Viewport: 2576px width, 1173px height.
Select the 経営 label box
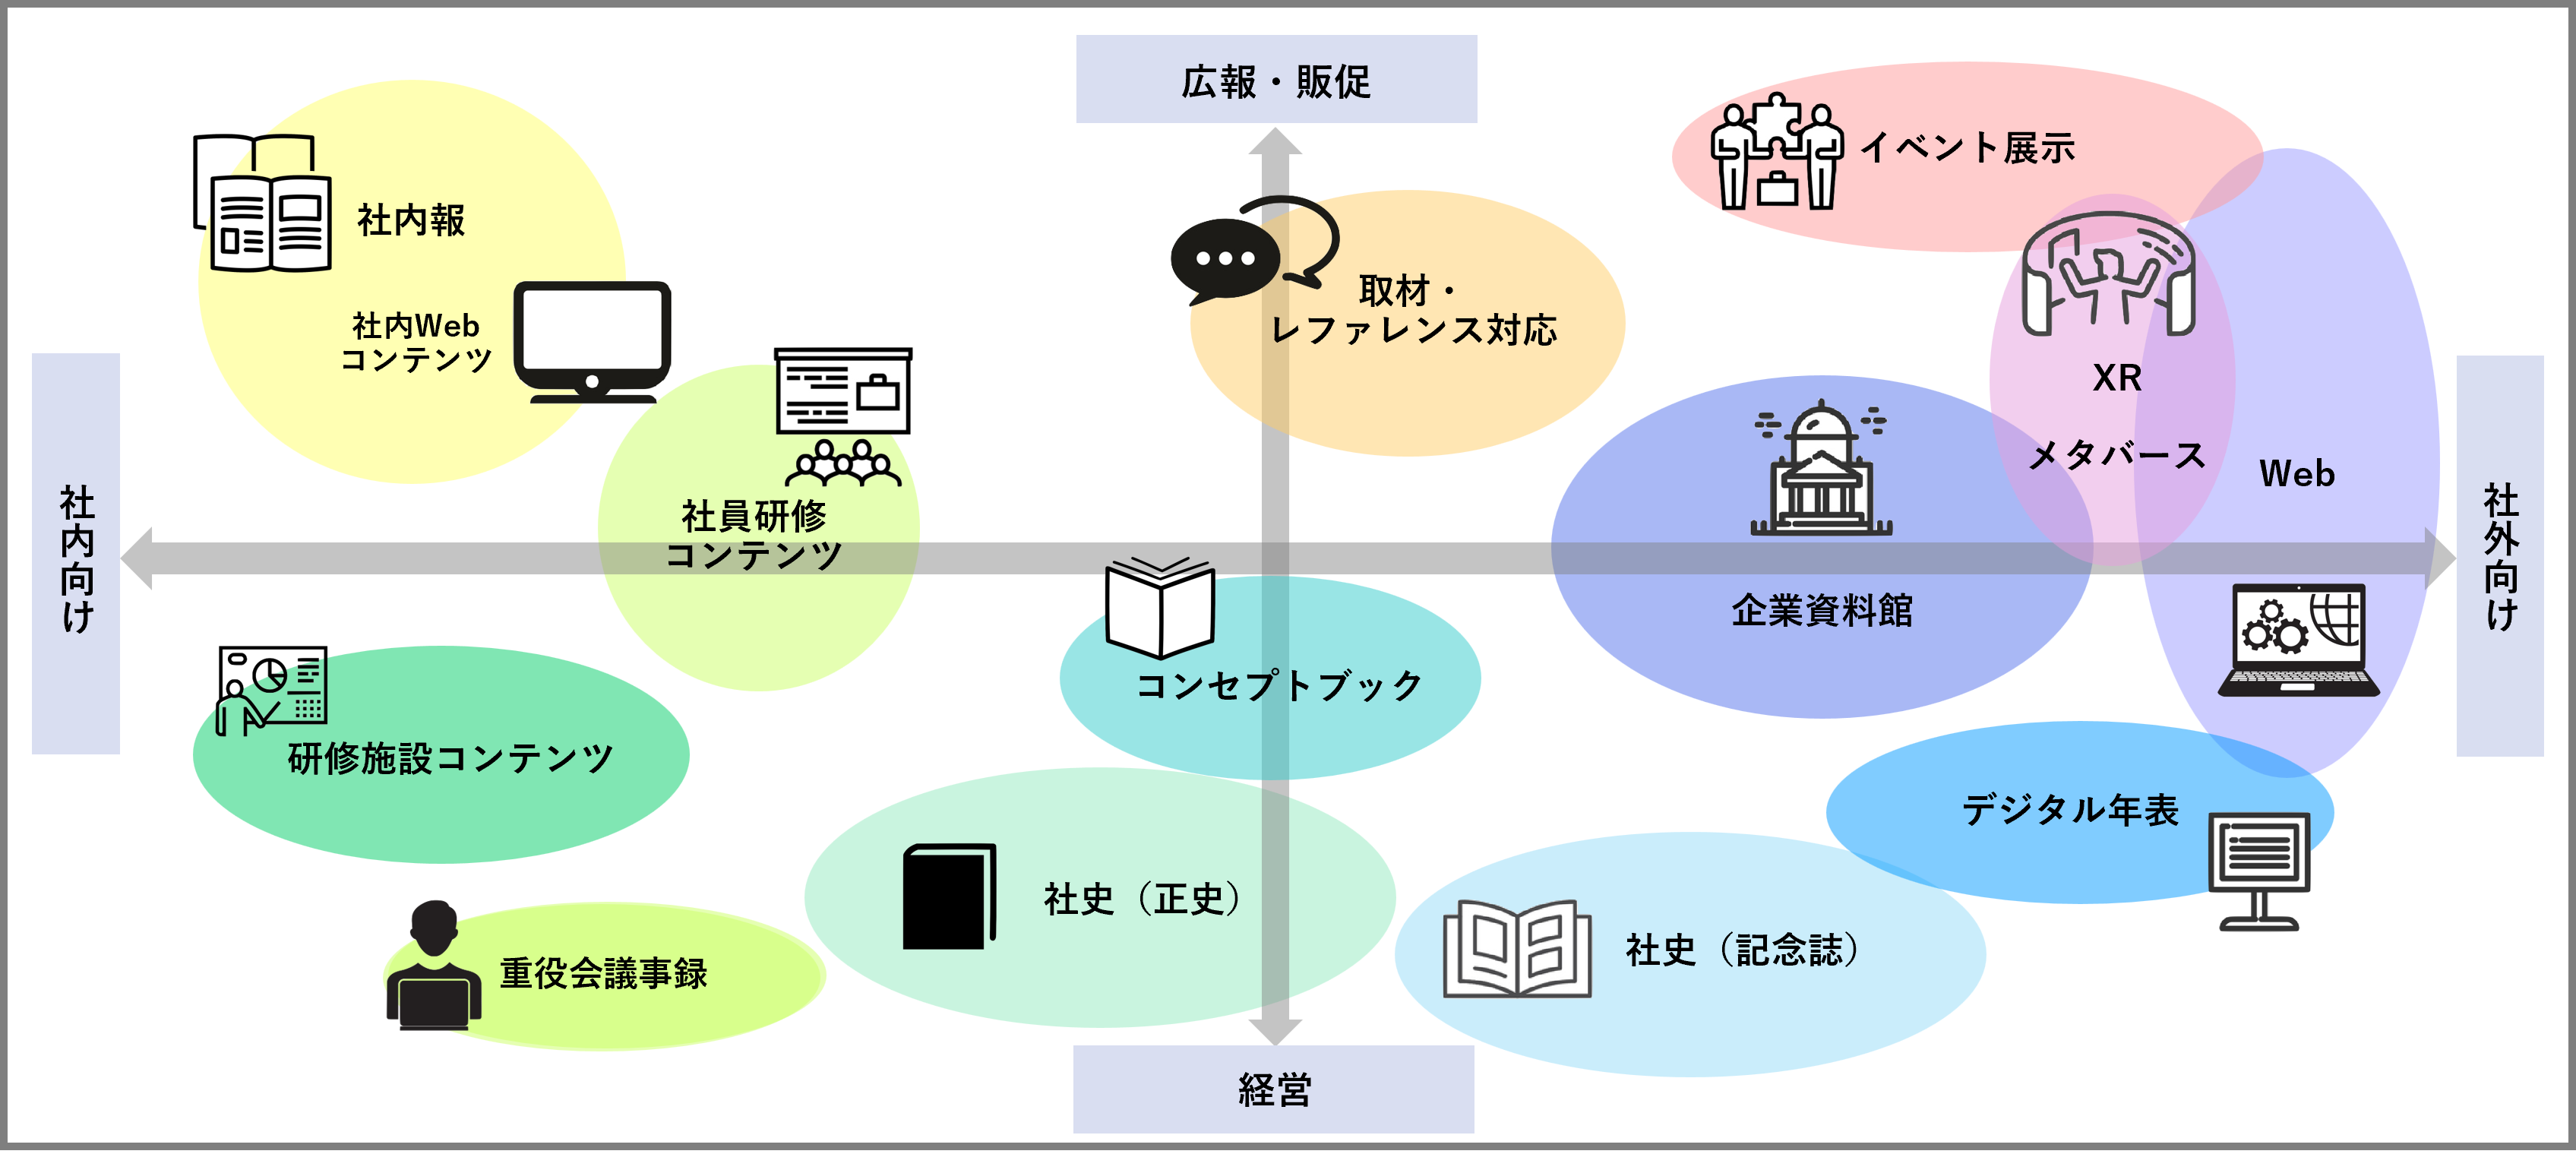[1273, 1089]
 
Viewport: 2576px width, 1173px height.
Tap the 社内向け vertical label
[76, 555]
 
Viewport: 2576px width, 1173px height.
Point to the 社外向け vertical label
[2500, 555]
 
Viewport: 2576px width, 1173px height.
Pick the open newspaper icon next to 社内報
[263, 204]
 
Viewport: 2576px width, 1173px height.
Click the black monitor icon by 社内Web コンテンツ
[592, 341]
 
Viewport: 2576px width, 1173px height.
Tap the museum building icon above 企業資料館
[1821, 470]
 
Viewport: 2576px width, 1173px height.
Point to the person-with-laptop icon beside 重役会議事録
[433, 967]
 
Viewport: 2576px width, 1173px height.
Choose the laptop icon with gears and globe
[2298, 640]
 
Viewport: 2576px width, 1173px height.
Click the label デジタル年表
[2069, 810]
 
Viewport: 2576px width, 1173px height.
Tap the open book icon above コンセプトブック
[1160, 607]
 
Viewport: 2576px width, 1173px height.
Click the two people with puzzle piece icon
[1775, 152]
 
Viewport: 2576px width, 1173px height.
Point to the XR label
[2116, 378]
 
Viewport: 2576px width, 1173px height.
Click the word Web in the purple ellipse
[2297, 474]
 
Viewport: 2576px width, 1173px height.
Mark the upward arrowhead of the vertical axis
[1275, 141]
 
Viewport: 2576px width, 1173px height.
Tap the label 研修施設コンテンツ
[450, 758]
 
